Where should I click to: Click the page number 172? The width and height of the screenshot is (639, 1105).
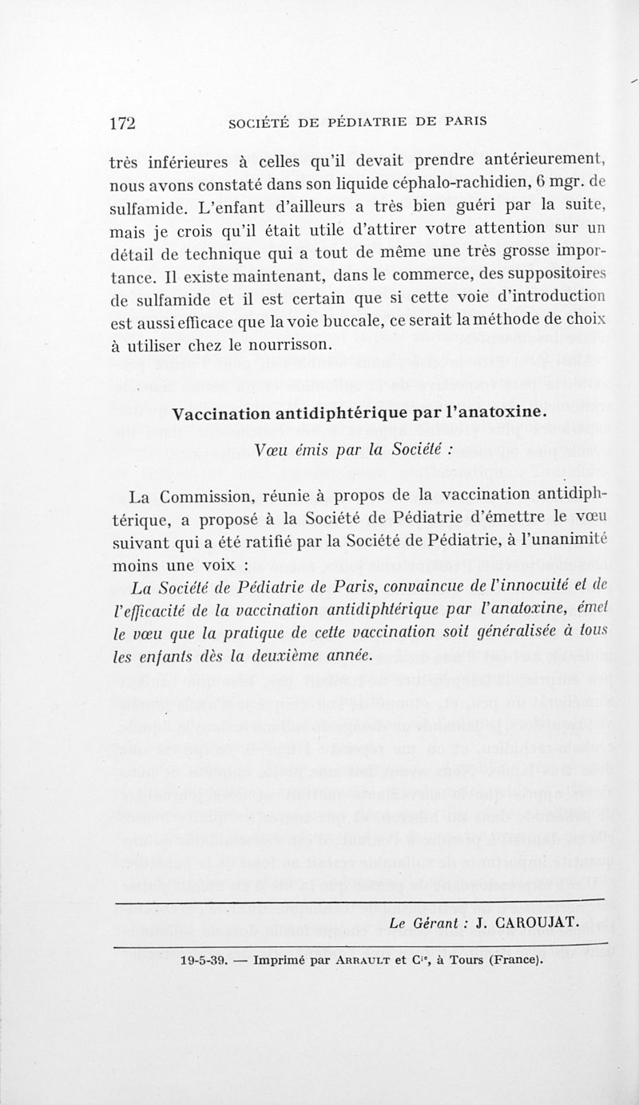pyautogui.click(x=124, y=123)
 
